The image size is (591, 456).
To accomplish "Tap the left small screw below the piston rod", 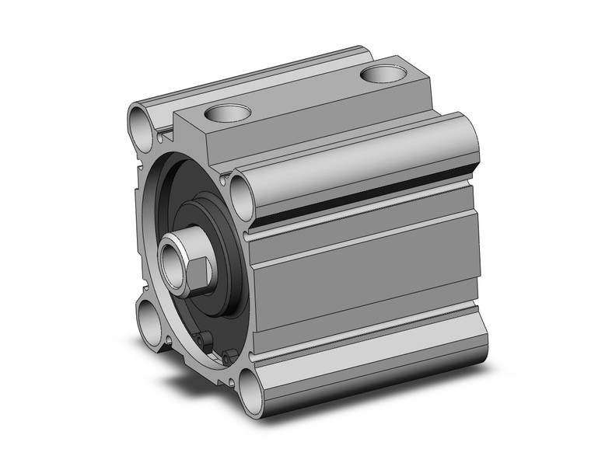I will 204,340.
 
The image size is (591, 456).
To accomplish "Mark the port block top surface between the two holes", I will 303,97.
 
